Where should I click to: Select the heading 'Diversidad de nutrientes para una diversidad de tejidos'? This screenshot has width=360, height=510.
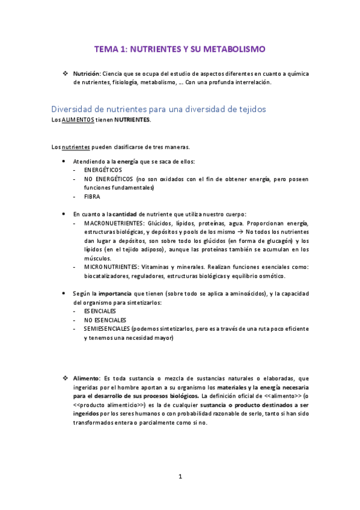pos(159,109)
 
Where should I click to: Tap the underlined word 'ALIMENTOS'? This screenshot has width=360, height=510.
pos(78,120)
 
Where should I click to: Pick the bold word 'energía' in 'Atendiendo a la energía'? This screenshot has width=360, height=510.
pos(127,162)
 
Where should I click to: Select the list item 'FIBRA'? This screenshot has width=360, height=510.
pos(93,196)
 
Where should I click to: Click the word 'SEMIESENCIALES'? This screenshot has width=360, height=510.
pos(107,329)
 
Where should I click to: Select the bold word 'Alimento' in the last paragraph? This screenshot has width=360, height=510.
pos(87,378)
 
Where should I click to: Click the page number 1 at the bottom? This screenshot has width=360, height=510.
pos(180,477)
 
